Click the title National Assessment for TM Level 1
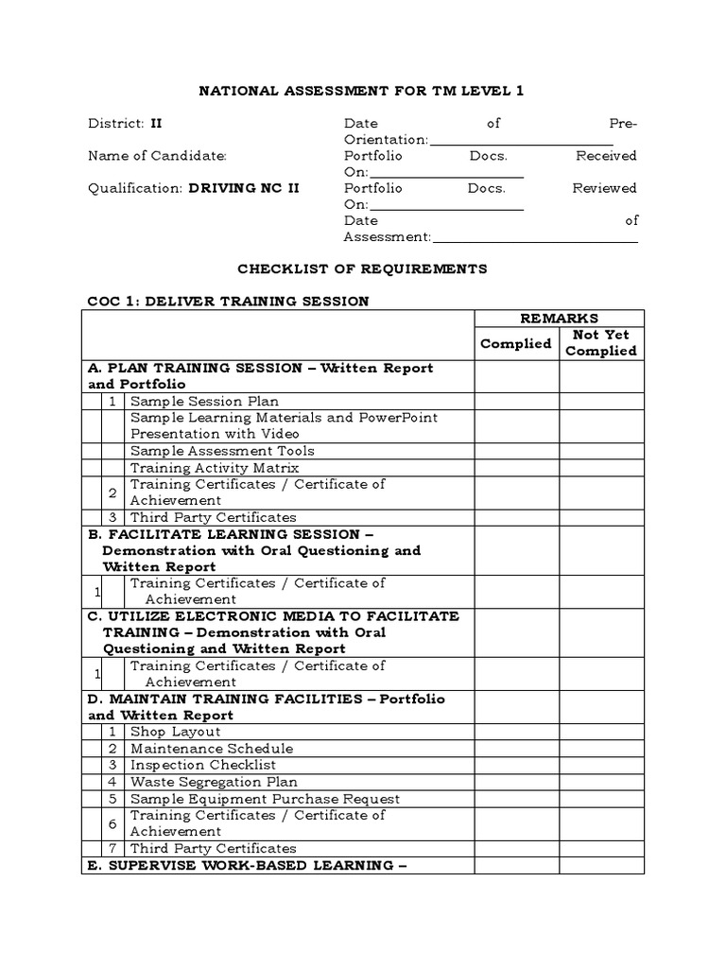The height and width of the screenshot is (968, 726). click(361, 91)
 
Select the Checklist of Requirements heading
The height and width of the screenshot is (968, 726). click(362, 268)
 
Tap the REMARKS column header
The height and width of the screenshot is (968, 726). click(559, 319)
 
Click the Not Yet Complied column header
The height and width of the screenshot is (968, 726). click(601, 342)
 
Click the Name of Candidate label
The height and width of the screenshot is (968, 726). click(157, 156)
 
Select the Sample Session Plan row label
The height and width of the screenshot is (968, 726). click(204, 402)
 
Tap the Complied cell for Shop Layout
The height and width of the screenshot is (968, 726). click(516, 732)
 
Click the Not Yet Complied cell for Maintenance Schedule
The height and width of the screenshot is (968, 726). click(601, 749)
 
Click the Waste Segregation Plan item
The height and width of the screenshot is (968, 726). click(214, 782)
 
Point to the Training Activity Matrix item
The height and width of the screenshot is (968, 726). click(215, 468)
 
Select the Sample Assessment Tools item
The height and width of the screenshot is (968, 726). click(222, 451)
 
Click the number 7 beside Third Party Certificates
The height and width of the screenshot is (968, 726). click(112, 848)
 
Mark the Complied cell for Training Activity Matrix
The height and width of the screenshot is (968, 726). click(516, 468)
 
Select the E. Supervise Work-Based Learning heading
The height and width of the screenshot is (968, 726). click(248, 865)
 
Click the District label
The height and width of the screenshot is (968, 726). click(115, 123)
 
